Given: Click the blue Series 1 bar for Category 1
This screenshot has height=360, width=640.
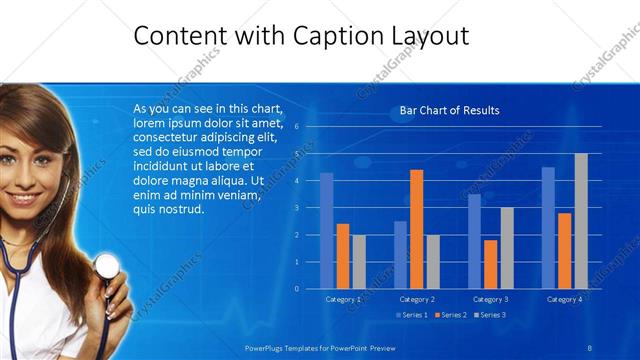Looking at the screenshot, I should [x=327, y=231].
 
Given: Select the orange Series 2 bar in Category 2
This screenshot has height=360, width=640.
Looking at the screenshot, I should [x=416, y=229].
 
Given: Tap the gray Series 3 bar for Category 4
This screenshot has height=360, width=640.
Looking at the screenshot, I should [x=581, y=221].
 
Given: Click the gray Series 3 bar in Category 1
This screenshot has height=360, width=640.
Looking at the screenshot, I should [x=359, y=262].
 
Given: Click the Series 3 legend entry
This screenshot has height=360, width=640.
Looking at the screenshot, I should [x=490, y=315].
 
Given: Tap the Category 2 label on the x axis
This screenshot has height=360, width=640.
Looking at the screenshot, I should [x=416, y=299].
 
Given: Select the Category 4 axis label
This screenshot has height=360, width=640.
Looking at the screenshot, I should [x=564, y=299].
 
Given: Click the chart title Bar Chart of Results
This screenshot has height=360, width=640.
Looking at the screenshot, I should [x=449, y=110].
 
